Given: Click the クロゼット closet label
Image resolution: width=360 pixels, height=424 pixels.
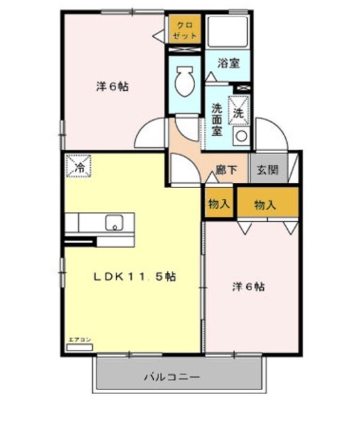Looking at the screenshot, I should (x=185, y=30).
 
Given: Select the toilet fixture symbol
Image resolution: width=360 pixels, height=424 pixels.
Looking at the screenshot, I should (x=184, y=83).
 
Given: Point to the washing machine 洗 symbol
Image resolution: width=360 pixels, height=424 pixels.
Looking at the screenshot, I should (x=239, y=111).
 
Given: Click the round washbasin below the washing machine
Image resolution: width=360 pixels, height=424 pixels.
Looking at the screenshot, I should (x=241, y=136).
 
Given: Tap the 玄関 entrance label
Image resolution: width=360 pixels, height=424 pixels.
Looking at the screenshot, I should (x=269, y=170).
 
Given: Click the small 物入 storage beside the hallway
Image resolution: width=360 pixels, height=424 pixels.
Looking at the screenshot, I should (x=219, y=204).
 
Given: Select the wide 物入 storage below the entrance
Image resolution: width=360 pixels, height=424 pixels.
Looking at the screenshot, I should (x=265, y=205).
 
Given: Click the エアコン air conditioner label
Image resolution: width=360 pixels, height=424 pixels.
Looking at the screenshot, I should (x=79, y=341).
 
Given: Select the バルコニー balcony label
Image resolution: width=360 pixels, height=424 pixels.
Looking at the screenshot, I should (x=172, y=378).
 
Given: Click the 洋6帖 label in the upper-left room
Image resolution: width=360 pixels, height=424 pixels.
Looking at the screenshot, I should (x=112, y=86).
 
